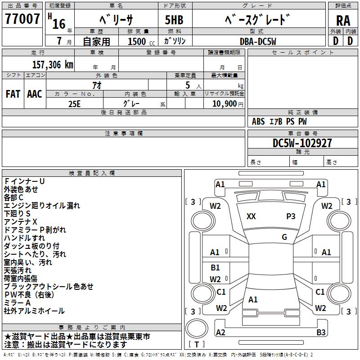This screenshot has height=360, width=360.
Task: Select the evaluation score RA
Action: (x=343, y=21)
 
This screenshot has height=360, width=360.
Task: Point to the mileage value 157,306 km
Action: (x=52, y=64)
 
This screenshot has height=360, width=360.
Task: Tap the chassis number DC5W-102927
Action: (x=302, y=144)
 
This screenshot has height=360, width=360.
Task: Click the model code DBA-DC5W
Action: (x=258, y=41)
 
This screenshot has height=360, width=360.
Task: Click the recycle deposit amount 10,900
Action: (x=224, y=103)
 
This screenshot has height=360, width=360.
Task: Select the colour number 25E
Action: (x=74, y=103)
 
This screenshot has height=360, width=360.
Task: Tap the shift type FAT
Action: (x=13, y=94)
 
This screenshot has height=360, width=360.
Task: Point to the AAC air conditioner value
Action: (x=35, y=94)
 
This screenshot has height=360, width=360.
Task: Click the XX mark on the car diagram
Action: (x=251, y=216)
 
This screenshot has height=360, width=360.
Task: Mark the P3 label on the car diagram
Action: (x=291, y=216)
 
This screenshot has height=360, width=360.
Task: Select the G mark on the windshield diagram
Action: (x=284, y=237)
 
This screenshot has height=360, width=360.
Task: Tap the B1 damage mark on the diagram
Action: (x=216, y=268)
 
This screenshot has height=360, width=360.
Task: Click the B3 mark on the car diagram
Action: (x=321, y=333)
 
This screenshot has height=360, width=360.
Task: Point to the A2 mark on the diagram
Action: (x=220, y=333)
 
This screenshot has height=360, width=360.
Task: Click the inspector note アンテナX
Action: (x=21, y=222)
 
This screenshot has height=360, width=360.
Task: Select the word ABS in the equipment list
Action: (x=258, y=121)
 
